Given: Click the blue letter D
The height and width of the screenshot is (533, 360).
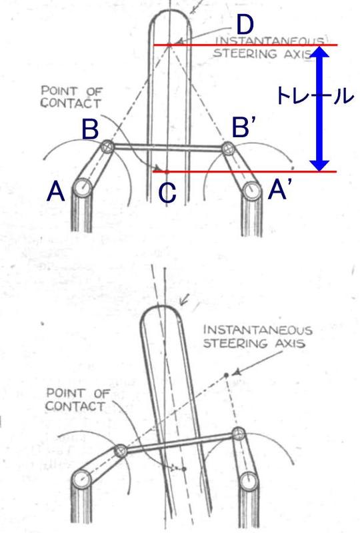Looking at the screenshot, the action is click(245, 25).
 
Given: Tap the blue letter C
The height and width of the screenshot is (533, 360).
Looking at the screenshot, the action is click(167, 193).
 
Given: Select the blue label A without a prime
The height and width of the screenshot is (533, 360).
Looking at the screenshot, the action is click(56, 191).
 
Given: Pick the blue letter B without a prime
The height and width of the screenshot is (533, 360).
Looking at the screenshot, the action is click(90, 129).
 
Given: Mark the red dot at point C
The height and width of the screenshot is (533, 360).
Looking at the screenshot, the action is click(167, 172).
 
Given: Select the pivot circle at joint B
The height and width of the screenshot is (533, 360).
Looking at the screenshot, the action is click(108, 147).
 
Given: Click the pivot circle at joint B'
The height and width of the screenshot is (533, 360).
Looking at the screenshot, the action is click(227, 149).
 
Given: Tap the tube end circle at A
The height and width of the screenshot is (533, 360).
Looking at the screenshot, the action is click(83, 187).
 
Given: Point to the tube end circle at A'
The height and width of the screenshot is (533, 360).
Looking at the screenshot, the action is click(252, 189).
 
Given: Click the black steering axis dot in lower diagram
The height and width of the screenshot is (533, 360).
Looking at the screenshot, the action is click(226, 375).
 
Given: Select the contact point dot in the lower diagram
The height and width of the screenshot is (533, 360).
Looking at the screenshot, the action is click(184, 469).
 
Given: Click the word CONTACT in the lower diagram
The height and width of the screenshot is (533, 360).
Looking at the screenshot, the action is click(75, 406).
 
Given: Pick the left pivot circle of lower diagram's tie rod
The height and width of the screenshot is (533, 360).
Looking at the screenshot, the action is click(120, 451).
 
